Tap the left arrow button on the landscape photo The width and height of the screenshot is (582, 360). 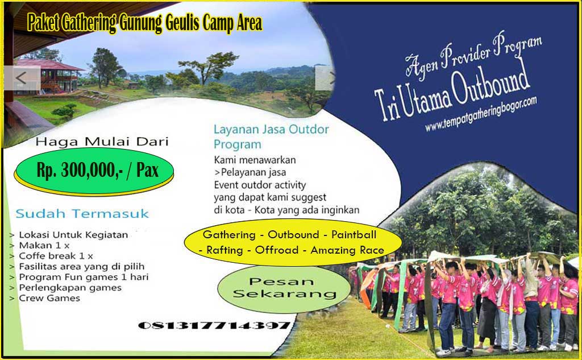[22, 78]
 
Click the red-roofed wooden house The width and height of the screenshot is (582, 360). [49, 76]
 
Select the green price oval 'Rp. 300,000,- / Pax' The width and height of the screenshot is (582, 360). [94, 171]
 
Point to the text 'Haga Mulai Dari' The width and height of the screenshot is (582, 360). [102, 142]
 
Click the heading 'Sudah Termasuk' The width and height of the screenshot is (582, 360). [82, 214]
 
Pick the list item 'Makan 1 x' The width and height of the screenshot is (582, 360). [44, 245]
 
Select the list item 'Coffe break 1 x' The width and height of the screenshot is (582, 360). [56, 256]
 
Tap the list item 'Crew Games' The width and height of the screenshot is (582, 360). [49, 299]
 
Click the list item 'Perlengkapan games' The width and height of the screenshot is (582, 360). [70, 288]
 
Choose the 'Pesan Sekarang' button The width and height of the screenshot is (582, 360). [284, 288]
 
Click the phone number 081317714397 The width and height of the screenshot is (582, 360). [214, 326]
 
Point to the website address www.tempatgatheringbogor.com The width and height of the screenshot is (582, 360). [481, 114]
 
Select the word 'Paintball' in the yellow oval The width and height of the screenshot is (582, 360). [354, 235]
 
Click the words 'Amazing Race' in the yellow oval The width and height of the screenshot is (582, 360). [347, 250]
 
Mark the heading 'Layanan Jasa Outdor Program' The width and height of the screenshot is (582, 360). [271, 136]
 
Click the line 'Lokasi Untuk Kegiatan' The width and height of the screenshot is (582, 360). [73, 235]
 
